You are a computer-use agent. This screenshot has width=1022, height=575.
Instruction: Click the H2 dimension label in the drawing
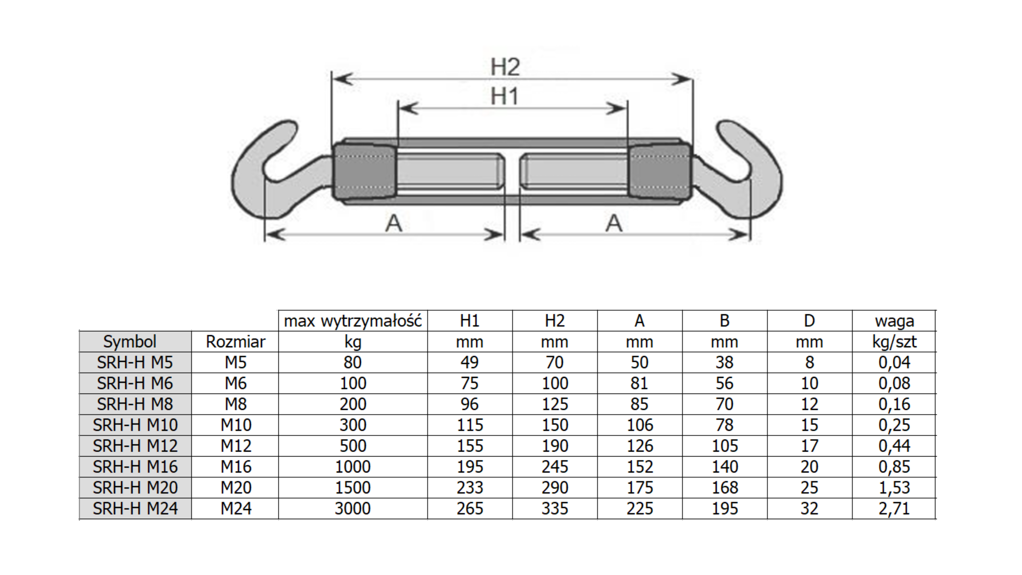[x=505, y=67]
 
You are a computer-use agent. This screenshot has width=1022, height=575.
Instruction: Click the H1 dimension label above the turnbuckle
[x=504, y=96]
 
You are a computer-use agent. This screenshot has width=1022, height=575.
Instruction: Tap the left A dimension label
[x=393, y=223]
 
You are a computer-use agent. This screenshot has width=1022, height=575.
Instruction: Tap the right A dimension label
[x=613, y=223]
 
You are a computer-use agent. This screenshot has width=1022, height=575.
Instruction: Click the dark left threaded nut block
[x=364, y=172]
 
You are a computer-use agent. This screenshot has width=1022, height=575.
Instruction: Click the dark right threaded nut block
[x=660, y=172]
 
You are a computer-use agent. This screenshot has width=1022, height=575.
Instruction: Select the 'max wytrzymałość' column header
[x=353, y=321]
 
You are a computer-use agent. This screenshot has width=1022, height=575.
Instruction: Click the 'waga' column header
[x=894, y=321]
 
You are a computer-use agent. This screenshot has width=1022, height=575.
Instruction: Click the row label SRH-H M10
[x=135, y=425]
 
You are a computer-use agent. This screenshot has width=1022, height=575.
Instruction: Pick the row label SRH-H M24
[x=135, y=508]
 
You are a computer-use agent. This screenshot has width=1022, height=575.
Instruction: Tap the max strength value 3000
[x=353, y=508]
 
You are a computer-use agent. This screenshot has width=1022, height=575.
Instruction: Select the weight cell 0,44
[x=894, y=446]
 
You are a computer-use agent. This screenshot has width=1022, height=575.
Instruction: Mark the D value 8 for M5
[x=809, y=362]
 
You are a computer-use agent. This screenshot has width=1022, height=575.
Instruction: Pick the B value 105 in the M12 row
[x=724, y=446]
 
